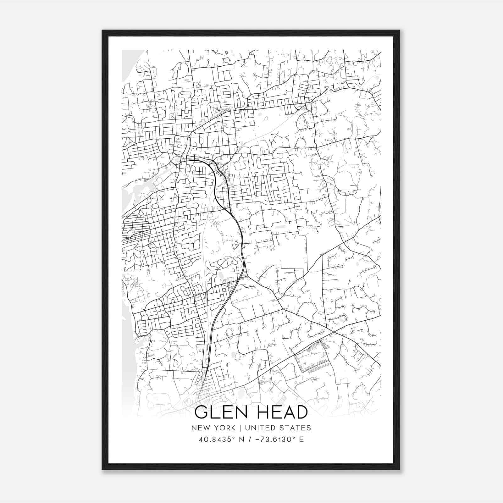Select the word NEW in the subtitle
tap(200, 428)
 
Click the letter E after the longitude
tap(301, 439)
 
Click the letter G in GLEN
tap(201, 412)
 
